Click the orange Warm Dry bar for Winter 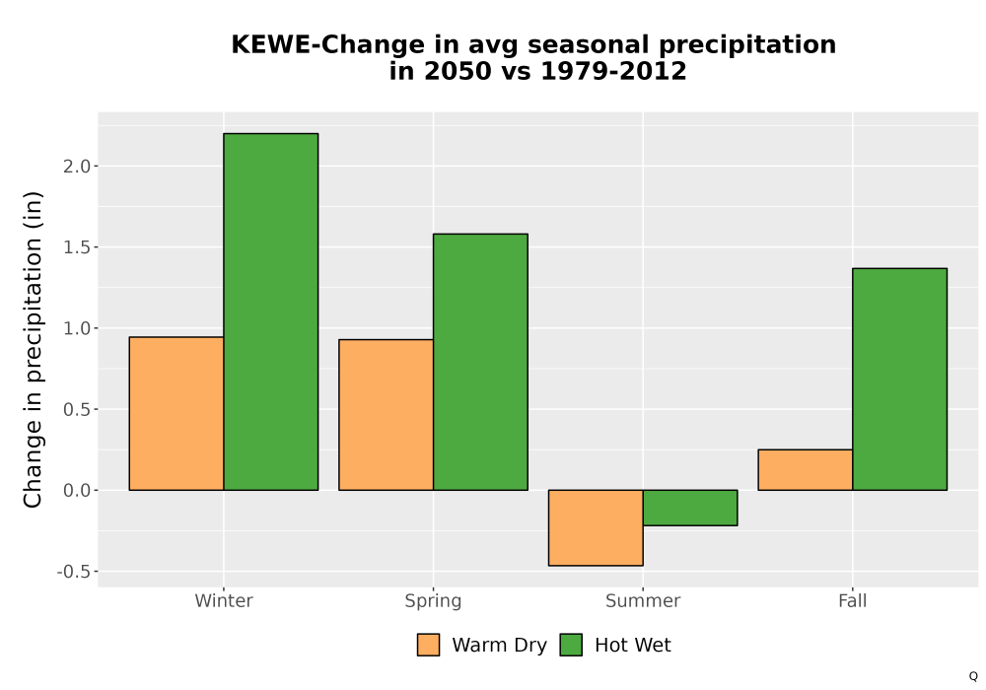176,413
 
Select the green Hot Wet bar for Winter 271,311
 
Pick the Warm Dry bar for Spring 387,415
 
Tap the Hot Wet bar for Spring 480,362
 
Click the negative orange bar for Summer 596,528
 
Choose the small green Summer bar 690,508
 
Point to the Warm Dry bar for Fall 806,469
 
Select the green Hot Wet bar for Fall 900,379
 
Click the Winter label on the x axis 224,600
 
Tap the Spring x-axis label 433,601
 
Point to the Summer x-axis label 643,600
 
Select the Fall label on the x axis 853,600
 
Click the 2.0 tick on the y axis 77,167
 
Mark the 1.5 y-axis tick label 77,247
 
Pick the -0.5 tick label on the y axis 74,572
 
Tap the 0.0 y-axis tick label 77,491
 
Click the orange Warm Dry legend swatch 428,645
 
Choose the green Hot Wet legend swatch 571,645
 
